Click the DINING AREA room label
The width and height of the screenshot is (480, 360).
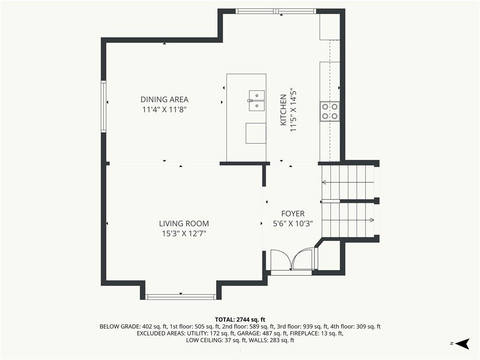[x=165, y=99]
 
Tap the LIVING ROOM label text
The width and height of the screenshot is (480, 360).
[x=184, y=224]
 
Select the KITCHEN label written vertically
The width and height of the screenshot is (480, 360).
[x=284, y=110]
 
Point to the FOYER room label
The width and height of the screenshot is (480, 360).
[x=293, y=214]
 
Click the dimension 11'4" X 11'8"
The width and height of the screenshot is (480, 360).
[x=165, y=110]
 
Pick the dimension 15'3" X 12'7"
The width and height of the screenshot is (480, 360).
[x=184, y=233]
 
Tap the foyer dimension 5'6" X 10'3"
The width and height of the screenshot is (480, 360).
[x=293, y=224]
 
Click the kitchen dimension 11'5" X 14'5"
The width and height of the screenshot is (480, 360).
[x=293, y=111]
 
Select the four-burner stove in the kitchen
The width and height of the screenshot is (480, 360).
[x=330, y=112]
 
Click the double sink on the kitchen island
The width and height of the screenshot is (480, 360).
[x=256, y=100]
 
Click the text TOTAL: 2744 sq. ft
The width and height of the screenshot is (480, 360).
[x=240, y=320]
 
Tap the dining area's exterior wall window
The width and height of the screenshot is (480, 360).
[x=104, y=106]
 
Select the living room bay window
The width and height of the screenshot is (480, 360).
[x=180, y=297]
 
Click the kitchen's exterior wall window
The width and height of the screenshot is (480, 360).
[x=276, y=11]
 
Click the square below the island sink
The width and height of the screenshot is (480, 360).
[x=255, y=133]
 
